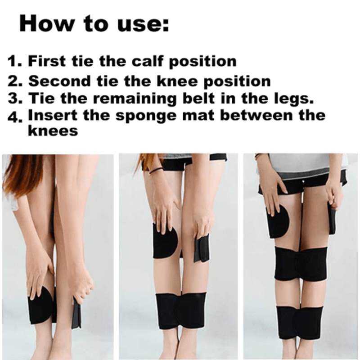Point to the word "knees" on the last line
(53, 130)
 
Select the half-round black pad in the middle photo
(165, 241)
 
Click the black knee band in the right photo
(301, 264)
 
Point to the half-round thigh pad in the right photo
(278, 221)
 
